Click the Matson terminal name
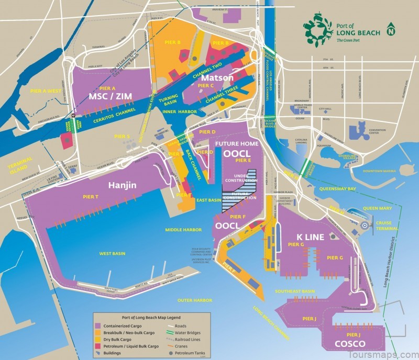217,77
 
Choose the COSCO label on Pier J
350,343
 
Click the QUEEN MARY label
378,208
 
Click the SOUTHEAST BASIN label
295,291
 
